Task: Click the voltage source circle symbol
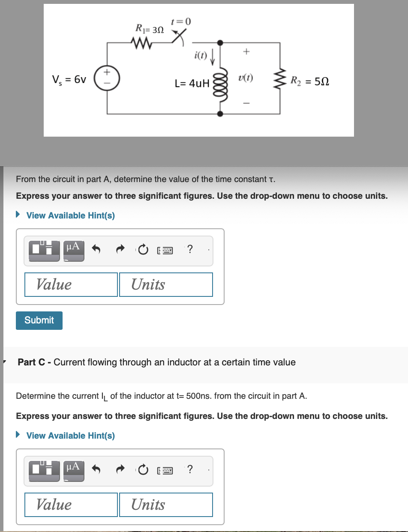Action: click(x=107, y=80)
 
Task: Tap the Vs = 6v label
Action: click(x=69, y=80)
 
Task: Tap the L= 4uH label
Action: click(x=192, y=83)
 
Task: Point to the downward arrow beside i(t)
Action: click(x=213, y=56)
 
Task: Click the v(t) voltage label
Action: click(x=246, y=78)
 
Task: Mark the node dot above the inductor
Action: click(x=220, y=43)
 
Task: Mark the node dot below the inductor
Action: click(x=220, y=114)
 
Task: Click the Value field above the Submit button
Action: click(x=71, y=284)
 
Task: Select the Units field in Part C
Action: click(x=166, y=505)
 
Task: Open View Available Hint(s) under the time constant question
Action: click(x=70, y=215)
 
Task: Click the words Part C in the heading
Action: click(x=32, y=362)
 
